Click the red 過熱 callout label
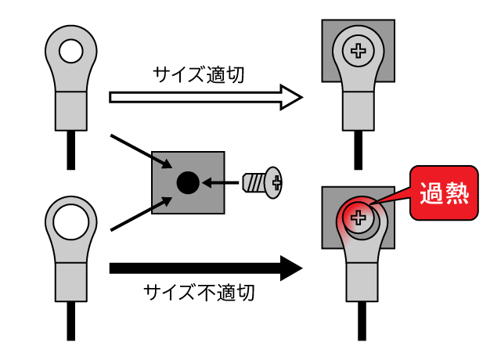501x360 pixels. coord(442,192)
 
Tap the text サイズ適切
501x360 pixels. coord(200,76)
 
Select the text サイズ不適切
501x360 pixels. coord(200,293)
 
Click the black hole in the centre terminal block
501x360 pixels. coord(187,183)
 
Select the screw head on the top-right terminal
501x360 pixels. coord(359,52)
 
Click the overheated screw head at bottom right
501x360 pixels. coord(359,218)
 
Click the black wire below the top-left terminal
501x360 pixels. coord(71,149)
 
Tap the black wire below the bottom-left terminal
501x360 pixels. coord(71,321)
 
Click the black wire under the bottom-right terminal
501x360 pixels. coord(359,321)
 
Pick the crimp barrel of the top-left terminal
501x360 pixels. coord(71,111)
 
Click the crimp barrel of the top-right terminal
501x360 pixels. coord(359,111)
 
